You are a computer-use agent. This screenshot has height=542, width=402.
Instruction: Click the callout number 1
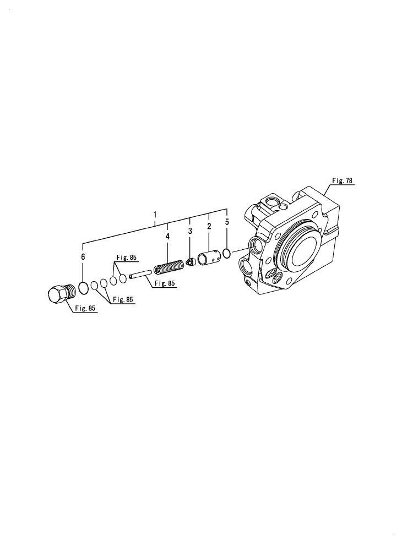click(x=155, y=214)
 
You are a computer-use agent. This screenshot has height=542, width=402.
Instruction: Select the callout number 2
click(x=209, y=226)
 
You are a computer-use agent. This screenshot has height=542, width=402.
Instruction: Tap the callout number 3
click(x=190, y=231)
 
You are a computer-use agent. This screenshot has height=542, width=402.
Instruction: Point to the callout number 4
click(x=167, y=236)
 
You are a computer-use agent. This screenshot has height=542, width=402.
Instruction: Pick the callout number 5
click(x=227, y=222)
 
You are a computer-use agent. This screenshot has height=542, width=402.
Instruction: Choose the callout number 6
click(x=83, y=257)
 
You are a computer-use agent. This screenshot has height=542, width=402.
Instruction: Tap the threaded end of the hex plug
click(x=69, y=291)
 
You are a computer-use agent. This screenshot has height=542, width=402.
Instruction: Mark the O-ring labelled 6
click(x=84, y=288)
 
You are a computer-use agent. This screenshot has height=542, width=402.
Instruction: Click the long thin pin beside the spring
click(x=141, y=273)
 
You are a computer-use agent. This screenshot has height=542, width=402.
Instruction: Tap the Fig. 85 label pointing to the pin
click(x=165, y=283)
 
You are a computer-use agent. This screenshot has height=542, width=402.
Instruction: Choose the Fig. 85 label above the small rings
click(x=126, y=257)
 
